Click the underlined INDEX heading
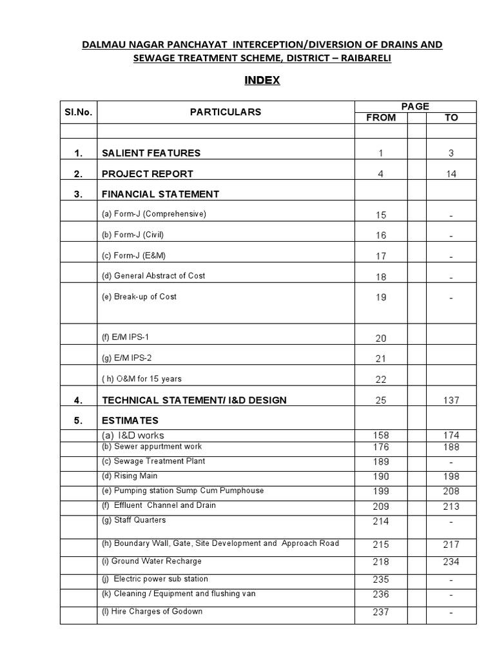pyautogui.click(x=262, y=81)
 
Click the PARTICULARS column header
pyautogui.click(x=226, y=112)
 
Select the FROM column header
pyautogui.click(x=381, y=118)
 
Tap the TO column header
pyautogui.click(x=451, y=118)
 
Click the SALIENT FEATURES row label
pyautogui.click(x=151, y=153)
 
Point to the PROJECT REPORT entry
pyautogui.click(x=148, y=174)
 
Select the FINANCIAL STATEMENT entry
pyautogui.click(x=160, y=194)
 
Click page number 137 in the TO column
pyautogui.click(x=451, y=400)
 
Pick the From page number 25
pyautogui.click(x=381, y=400)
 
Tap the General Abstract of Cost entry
pyautogui.click(x=153, y=276)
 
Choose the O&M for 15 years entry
pyautogui.click(x=146, y=379)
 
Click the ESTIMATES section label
pyautogui.click(x=130, y=421)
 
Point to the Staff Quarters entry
pyautogui.click(x=134, y=519)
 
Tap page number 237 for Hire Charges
pyautogui.click(x=381, y=612)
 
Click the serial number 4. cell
pyautogui.click(x=79, y=400)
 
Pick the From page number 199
pyautogui.click(x=381, y=492)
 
